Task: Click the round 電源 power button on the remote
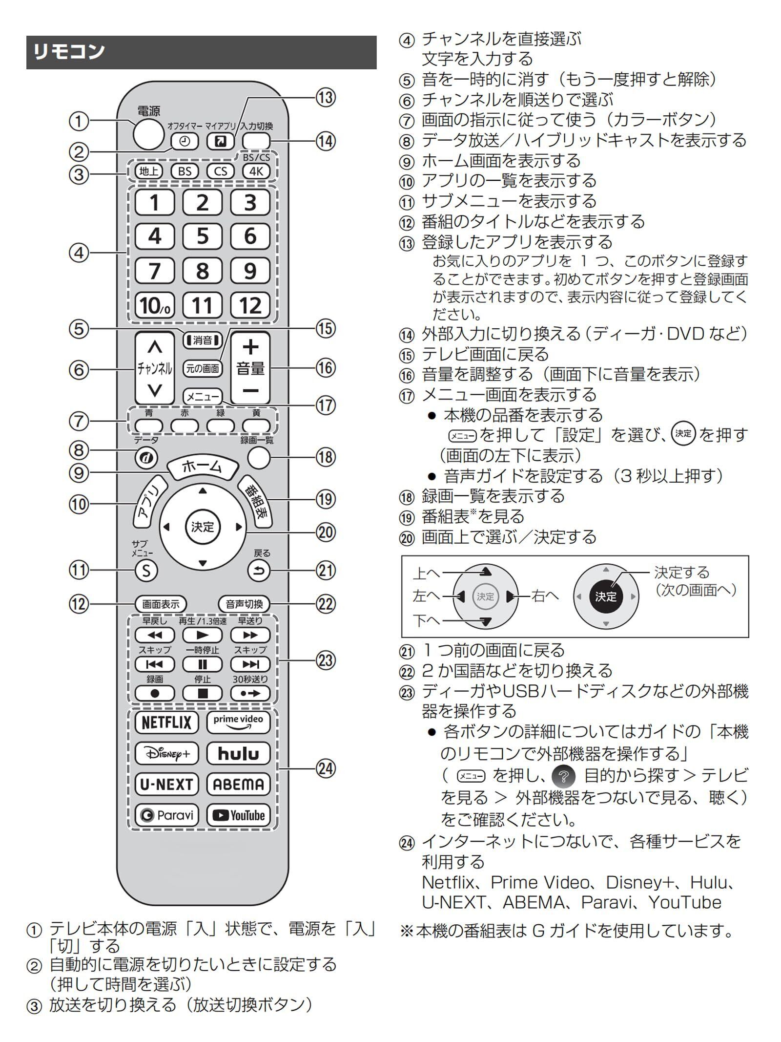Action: pos(148,133)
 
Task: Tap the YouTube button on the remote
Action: pos(238,815)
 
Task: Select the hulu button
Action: pos(238,753)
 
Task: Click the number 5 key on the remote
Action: pos(202,236)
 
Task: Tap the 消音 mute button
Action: pos(202,340)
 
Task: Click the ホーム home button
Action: pos(202,468)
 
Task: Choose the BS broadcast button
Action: pos(185,171)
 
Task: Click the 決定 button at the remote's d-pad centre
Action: pos(203,527)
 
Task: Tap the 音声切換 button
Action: pos(244,604)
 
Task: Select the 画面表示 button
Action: pos(161,604)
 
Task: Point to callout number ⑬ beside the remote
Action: pos(326,97)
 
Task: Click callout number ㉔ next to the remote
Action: pos(326,768)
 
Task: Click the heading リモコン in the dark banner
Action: pos(69,52)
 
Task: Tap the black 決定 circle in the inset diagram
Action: pos(605,596)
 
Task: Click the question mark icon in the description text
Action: pos(563,776)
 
